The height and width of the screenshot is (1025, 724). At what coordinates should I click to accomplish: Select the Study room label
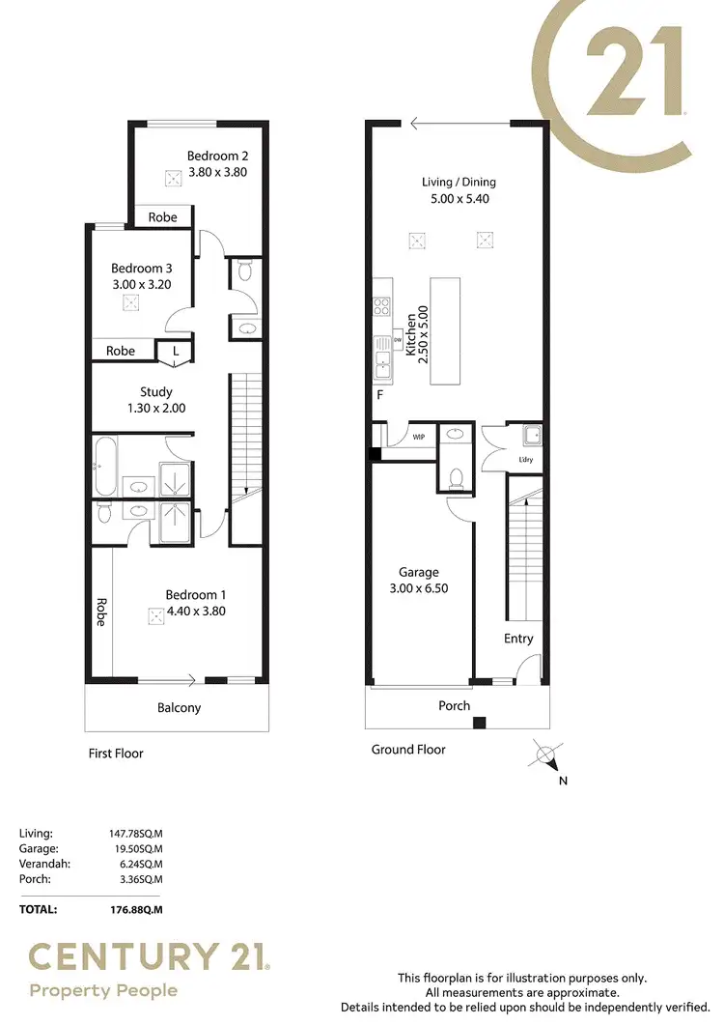point(155,391)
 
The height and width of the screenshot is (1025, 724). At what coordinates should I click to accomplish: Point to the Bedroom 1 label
point(195,594)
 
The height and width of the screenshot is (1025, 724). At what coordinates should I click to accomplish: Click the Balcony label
point(179,707)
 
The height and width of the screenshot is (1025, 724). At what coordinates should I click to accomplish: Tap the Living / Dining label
point(459,182)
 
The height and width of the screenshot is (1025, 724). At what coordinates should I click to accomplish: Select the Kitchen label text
point(411,336)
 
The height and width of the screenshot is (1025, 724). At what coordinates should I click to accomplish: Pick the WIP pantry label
point(419,437)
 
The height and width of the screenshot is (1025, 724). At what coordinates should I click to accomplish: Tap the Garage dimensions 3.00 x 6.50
point(419,587)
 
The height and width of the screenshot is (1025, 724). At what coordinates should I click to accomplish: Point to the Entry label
point(518,639)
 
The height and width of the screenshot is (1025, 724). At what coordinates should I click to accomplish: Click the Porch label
point(454,705)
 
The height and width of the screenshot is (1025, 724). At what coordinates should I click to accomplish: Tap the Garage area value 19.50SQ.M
point(136,849)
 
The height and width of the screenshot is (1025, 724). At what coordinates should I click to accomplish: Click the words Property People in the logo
point(103,990)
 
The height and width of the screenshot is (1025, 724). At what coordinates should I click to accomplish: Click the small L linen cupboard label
point(175,351)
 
